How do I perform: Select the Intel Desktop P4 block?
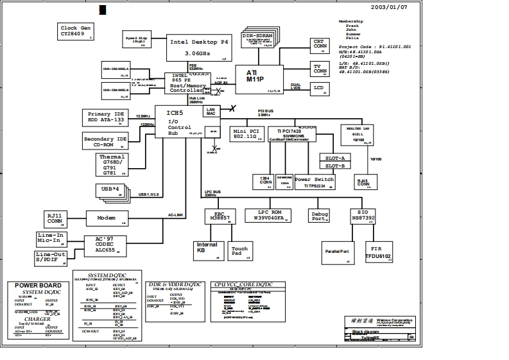pyautogui.click(x=198, y=47)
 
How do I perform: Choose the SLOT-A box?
pyautogui.click(x=334, y=157)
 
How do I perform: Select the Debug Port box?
pyautogui.click(x=319, y=216)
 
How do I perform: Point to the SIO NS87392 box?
pyautogui.click(x=363, y=216)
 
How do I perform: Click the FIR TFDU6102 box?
pyautogui.click(x=377, y=250)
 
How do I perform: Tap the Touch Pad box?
pyautogui.click(x=239, y=250)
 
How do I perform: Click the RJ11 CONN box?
pyautogui.click(x=55, y=219)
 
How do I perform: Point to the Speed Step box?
pyautogui.click(x=137, y=39)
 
